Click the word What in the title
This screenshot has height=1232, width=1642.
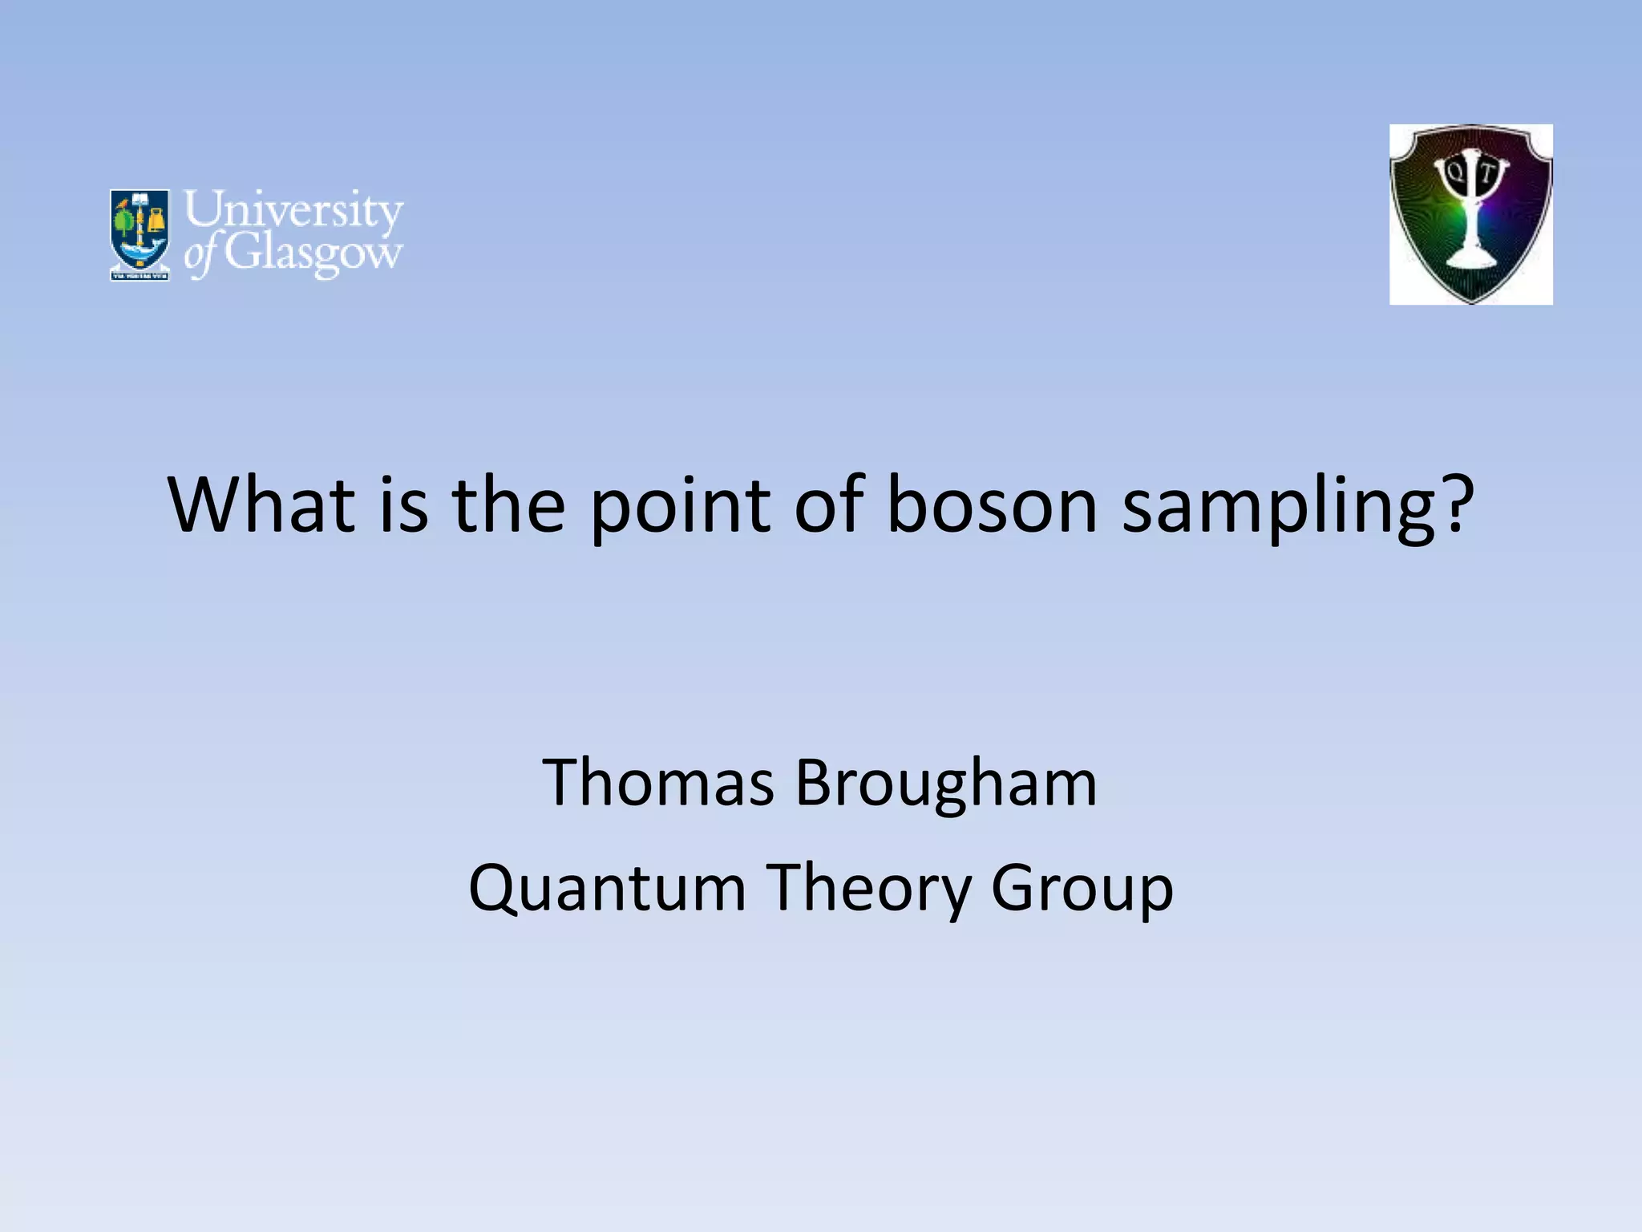261,505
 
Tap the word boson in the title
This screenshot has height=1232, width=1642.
992,505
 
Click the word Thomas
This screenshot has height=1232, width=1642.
658,783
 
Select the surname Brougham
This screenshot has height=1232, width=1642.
945,784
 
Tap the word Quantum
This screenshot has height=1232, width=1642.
607,888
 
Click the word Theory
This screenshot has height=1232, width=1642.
868,888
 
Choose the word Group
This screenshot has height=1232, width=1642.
1082,888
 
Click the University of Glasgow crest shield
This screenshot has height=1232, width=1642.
140,234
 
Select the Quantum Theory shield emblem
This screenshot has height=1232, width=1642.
1470,214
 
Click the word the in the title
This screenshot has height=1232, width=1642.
509,505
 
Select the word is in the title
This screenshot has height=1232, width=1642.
403,505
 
